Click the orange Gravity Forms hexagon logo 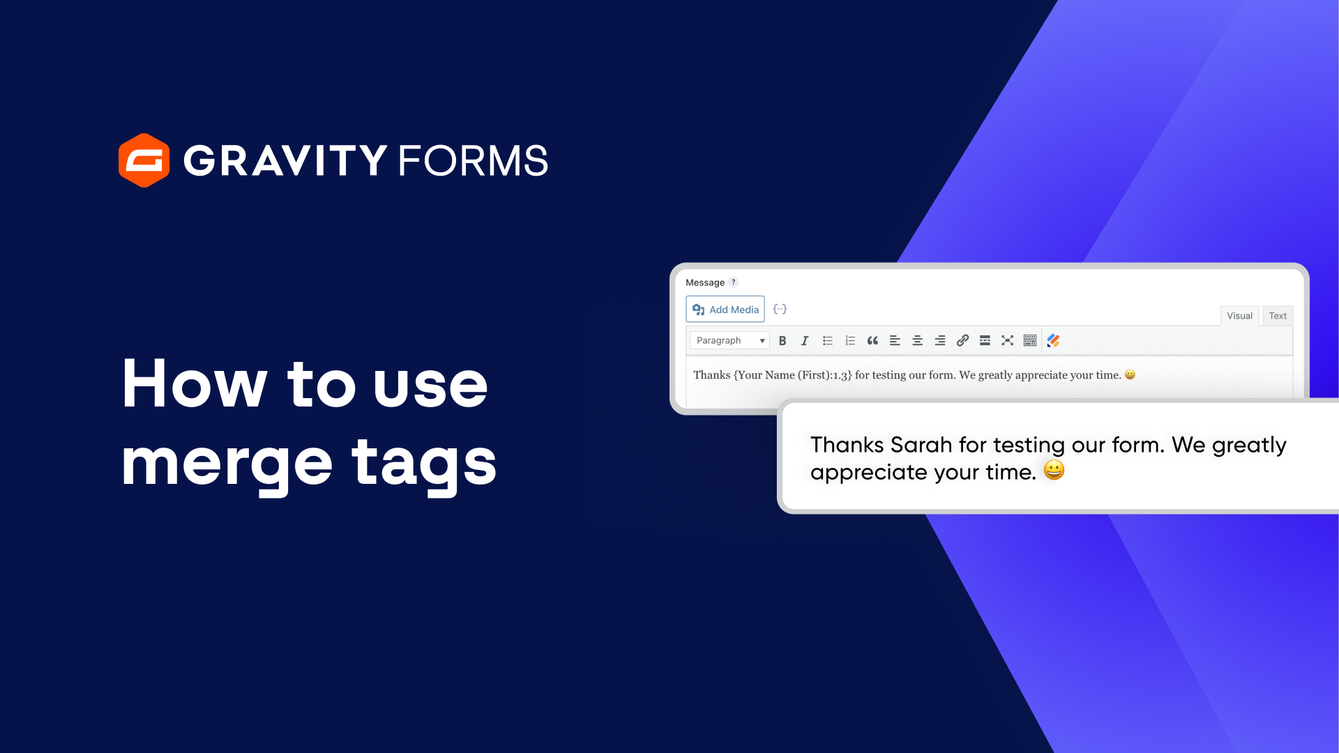tap(144, 160)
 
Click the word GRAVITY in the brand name tap(285, 160)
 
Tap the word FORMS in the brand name tap(473, 160)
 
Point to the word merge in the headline tap(227, 464)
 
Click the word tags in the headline tap(424, 464)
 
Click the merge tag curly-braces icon tap(780, 309)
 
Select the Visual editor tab tap(1239, 316)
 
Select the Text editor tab tap(1278, 316)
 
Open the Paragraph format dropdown tap(729, 340)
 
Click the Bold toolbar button tap(782, 340)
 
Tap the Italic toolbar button tap(805, 340)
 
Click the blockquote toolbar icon tap(872, 340)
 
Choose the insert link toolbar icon tap(962, 340)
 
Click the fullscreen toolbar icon tap(1007, 340)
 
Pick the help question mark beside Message tap(733, 282)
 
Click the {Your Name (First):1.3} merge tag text tap(792, 375)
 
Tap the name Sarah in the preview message tap(921, 445)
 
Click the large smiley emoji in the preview tap(1054, 471)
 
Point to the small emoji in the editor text tap(1130, 375)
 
